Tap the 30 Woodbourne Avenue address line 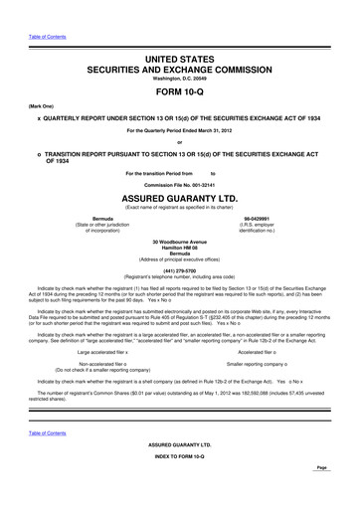[179, 241]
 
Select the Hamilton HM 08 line [179, 248]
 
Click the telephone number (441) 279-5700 [179, 270]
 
